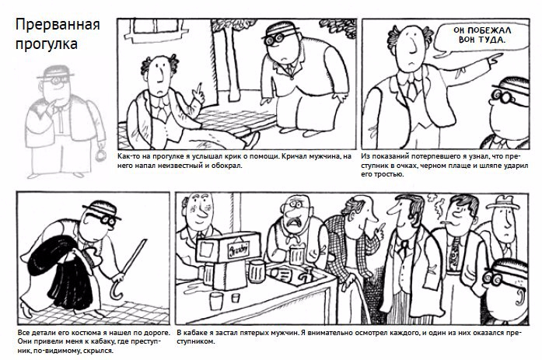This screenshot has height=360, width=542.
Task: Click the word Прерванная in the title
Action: [x=58, y=25]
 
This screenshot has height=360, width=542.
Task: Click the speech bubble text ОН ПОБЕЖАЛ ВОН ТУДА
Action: [x=482, y=35]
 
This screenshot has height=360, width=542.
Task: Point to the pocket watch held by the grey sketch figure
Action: [x=101, y=156]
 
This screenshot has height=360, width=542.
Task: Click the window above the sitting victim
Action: [x=157, y=30]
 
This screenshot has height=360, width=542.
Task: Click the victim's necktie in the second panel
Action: [x=411, y=90]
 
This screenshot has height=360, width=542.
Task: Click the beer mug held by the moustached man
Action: [x=296, y=254]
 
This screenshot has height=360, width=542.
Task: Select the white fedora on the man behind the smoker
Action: [x=503, y=202]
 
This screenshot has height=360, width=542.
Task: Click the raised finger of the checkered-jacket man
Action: [x=381, y=228]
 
